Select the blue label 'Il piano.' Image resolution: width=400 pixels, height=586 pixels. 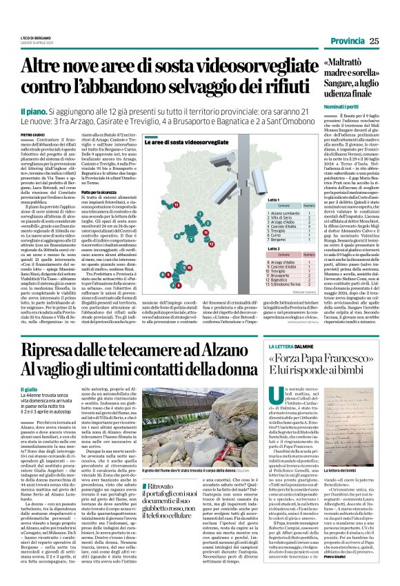click(34, 111)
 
